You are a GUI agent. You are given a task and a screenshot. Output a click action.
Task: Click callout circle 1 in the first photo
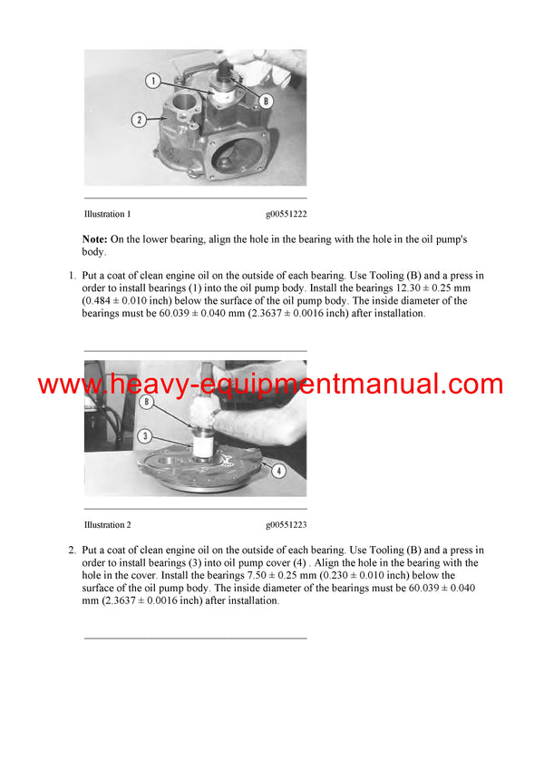[x=153, y=81]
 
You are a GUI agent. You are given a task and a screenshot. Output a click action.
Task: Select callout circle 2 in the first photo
[x=140, y=118]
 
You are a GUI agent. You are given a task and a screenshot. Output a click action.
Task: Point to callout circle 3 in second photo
[x=144, y=436]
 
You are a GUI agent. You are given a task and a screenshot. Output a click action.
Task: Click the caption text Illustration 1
[x=108, y=214]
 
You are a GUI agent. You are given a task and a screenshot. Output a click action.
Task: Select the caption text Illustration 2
[x=108, y=525]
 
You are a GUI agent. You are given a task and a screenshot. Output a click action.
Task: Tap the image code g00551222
[x=286, y=214]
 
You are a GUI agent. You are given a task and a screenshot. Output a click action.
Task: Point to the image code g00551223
[x=286, y=525]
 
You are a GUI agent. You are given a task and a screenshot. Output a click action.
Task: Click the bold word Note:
[x=95, y=239]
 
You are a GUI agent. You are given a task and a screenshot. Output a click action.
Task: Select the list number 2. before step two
[x=73, y=550]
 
